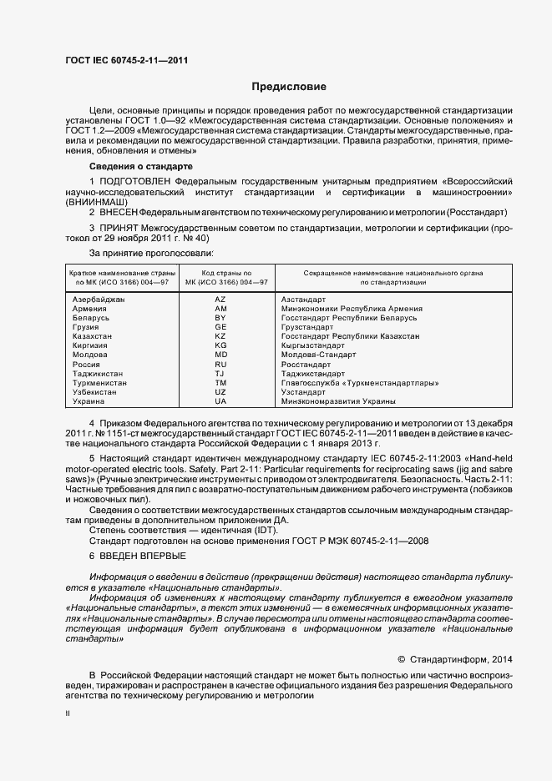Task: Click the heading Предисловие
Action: [289, 87]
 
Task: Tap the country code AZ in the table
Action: [220, 299]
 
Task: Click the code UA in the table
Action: [220, 401]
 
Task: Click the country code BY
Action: [220, 318]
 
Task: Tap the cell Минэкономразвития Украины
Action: [334, 401]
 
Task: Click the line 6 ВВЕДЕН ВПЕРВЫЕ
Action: [138, 556]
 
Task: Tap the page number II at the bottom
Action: [68, 715]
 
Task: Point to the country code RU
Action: [220, 365]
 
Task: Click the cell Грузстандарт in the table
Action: [307, 327]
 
